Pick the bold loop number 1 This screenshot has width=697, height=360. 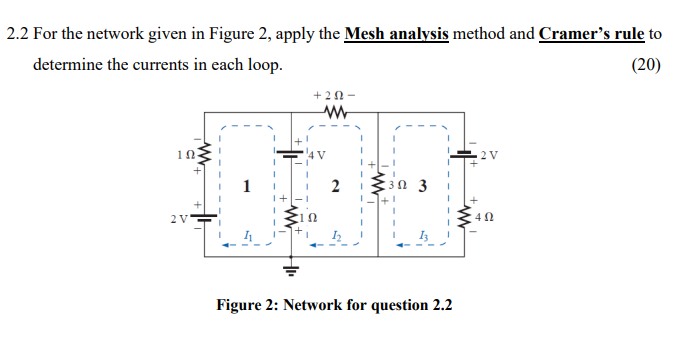pyautogui.click(x=245, y=185)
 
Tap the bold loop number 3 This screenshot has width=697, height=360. pyautogui.click(x=423, y=185)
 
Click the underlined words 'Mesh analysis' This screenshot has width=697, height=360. pyautogui.click(x=396, y=34)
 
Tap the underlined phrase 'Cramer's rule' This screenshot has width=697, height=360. pyautogui.click(x=591, y=34)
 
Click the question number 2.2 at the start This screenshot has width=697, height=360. pyautogui.click(x=18, y=34)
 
